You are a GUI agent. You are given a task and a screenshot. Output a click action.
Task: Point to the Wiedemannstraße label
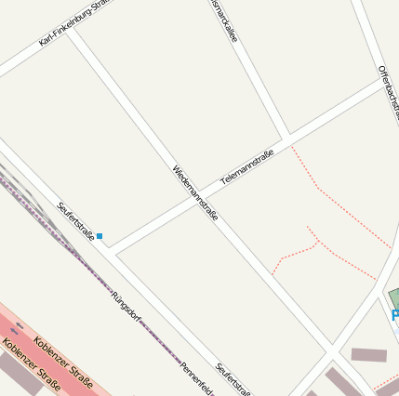pyautogui.click(x=195, y=192)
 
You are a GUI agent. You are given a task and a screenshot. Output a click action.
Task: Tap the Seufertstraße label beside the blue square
pyautogui.click(x=75, y=221)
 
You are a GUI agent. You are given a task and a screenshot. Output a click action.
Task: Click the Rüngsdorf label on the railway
pyautogui.click(x=125, y=307)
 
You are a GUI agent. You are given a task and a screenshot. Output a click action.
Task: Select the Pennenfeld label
pyautogui.click(x=197, y=376)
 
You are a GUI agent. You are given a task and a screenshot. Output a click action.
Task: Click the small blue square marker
pyautogui.click(x=100, y=236)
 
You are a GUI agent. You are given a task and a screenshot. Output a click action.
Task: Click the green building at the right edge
pyautogui.click(x=394, y=299)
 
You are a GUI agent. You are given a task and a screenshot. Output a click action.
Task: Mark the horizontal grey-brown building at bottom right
pyautogui.click(x=368, y=355)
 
